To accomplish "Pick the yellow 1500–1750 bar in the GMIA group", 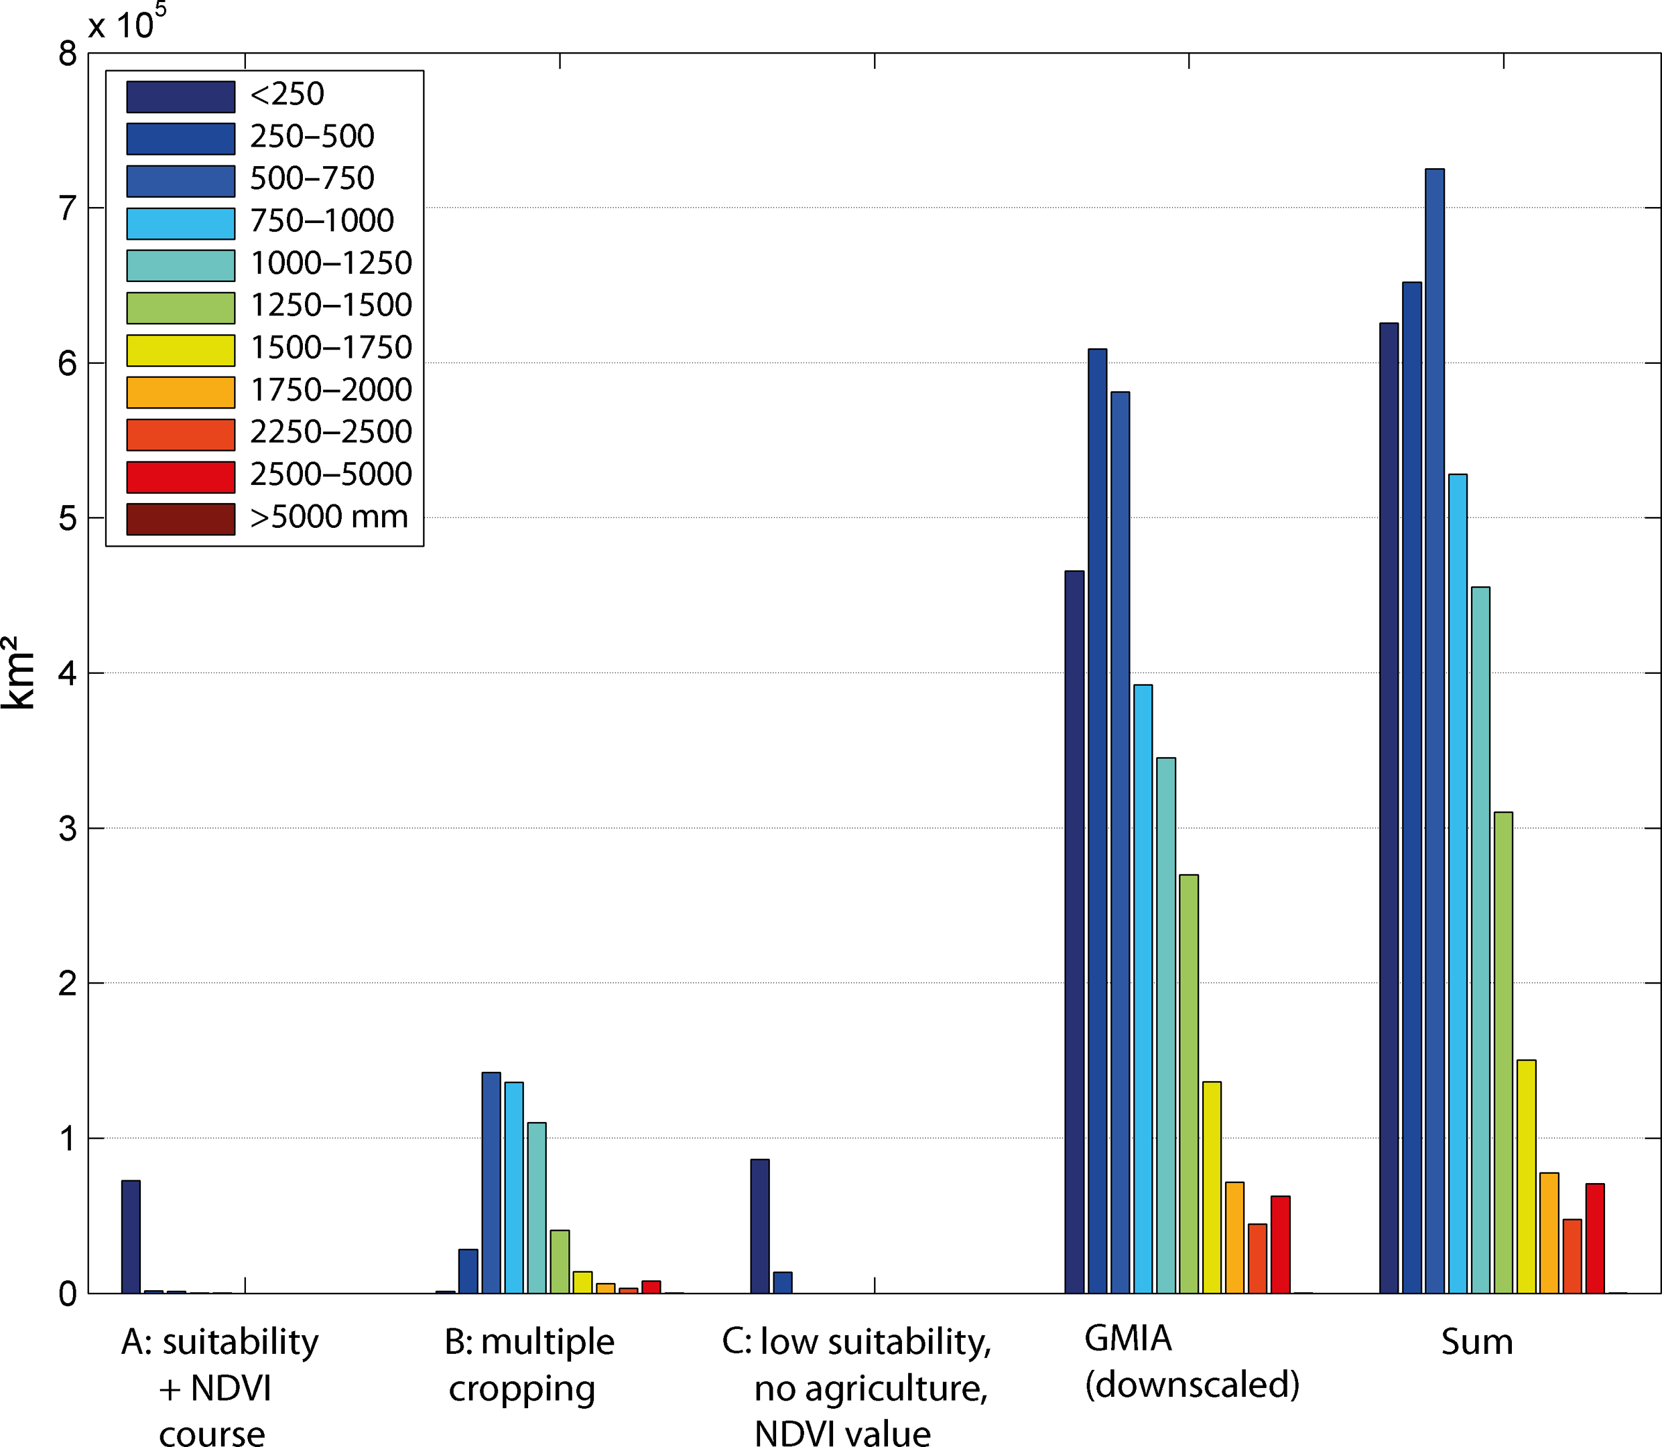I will [x=1212, y=1187].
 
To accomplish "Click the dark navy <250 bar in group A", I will [x=131, y=1236].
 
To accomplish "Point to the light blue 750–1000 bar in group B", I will [x=513, y=1187].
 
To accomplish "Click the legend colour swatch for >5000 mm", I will [x=180, y=519].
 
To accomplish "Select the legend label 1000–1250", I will [x=330, y=263].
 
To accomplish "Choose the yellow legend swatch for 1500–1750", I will [x=180, y=350].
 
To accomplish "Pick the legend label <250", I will [x=287, y=94].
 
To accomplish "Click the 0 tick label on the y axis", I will [x=67, y=1294].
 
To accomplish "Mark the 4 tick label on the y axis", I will [x=67, y=673].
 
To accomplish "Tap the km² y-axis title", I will [x=18, y=673].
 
